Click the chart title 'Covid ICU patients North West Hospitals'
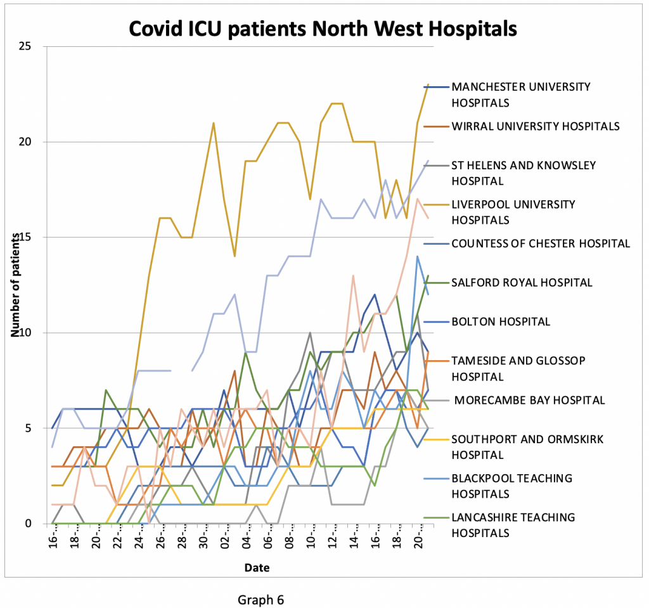coord(323,29)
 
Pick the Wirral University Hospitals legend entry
coord(535,126)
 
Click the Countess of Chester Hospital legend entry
coord(540,243)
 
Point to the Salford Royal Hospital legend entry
coord(521,282)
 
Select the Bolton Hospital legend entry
coord(500,321)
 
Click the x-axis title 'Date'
coord(257,568)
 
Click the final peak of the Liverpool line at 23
coord(428,84)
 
